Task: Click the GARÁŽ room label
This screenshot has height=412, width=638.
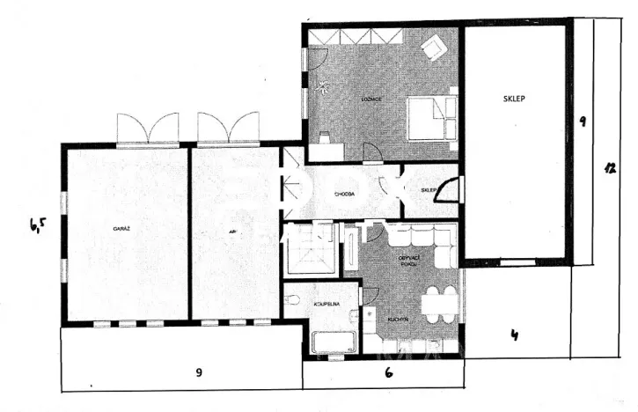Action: pos(121,229)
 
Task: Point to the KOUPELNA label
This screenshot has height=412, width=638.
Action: pos(327,303)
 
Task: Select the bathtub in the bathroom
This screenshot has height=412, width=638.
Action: pos(332,341)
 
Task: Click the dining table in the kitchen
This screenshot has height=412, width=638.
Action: pos(438,303)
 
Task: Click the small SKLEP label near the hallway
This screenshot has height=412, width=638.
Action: pos(429,190)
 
